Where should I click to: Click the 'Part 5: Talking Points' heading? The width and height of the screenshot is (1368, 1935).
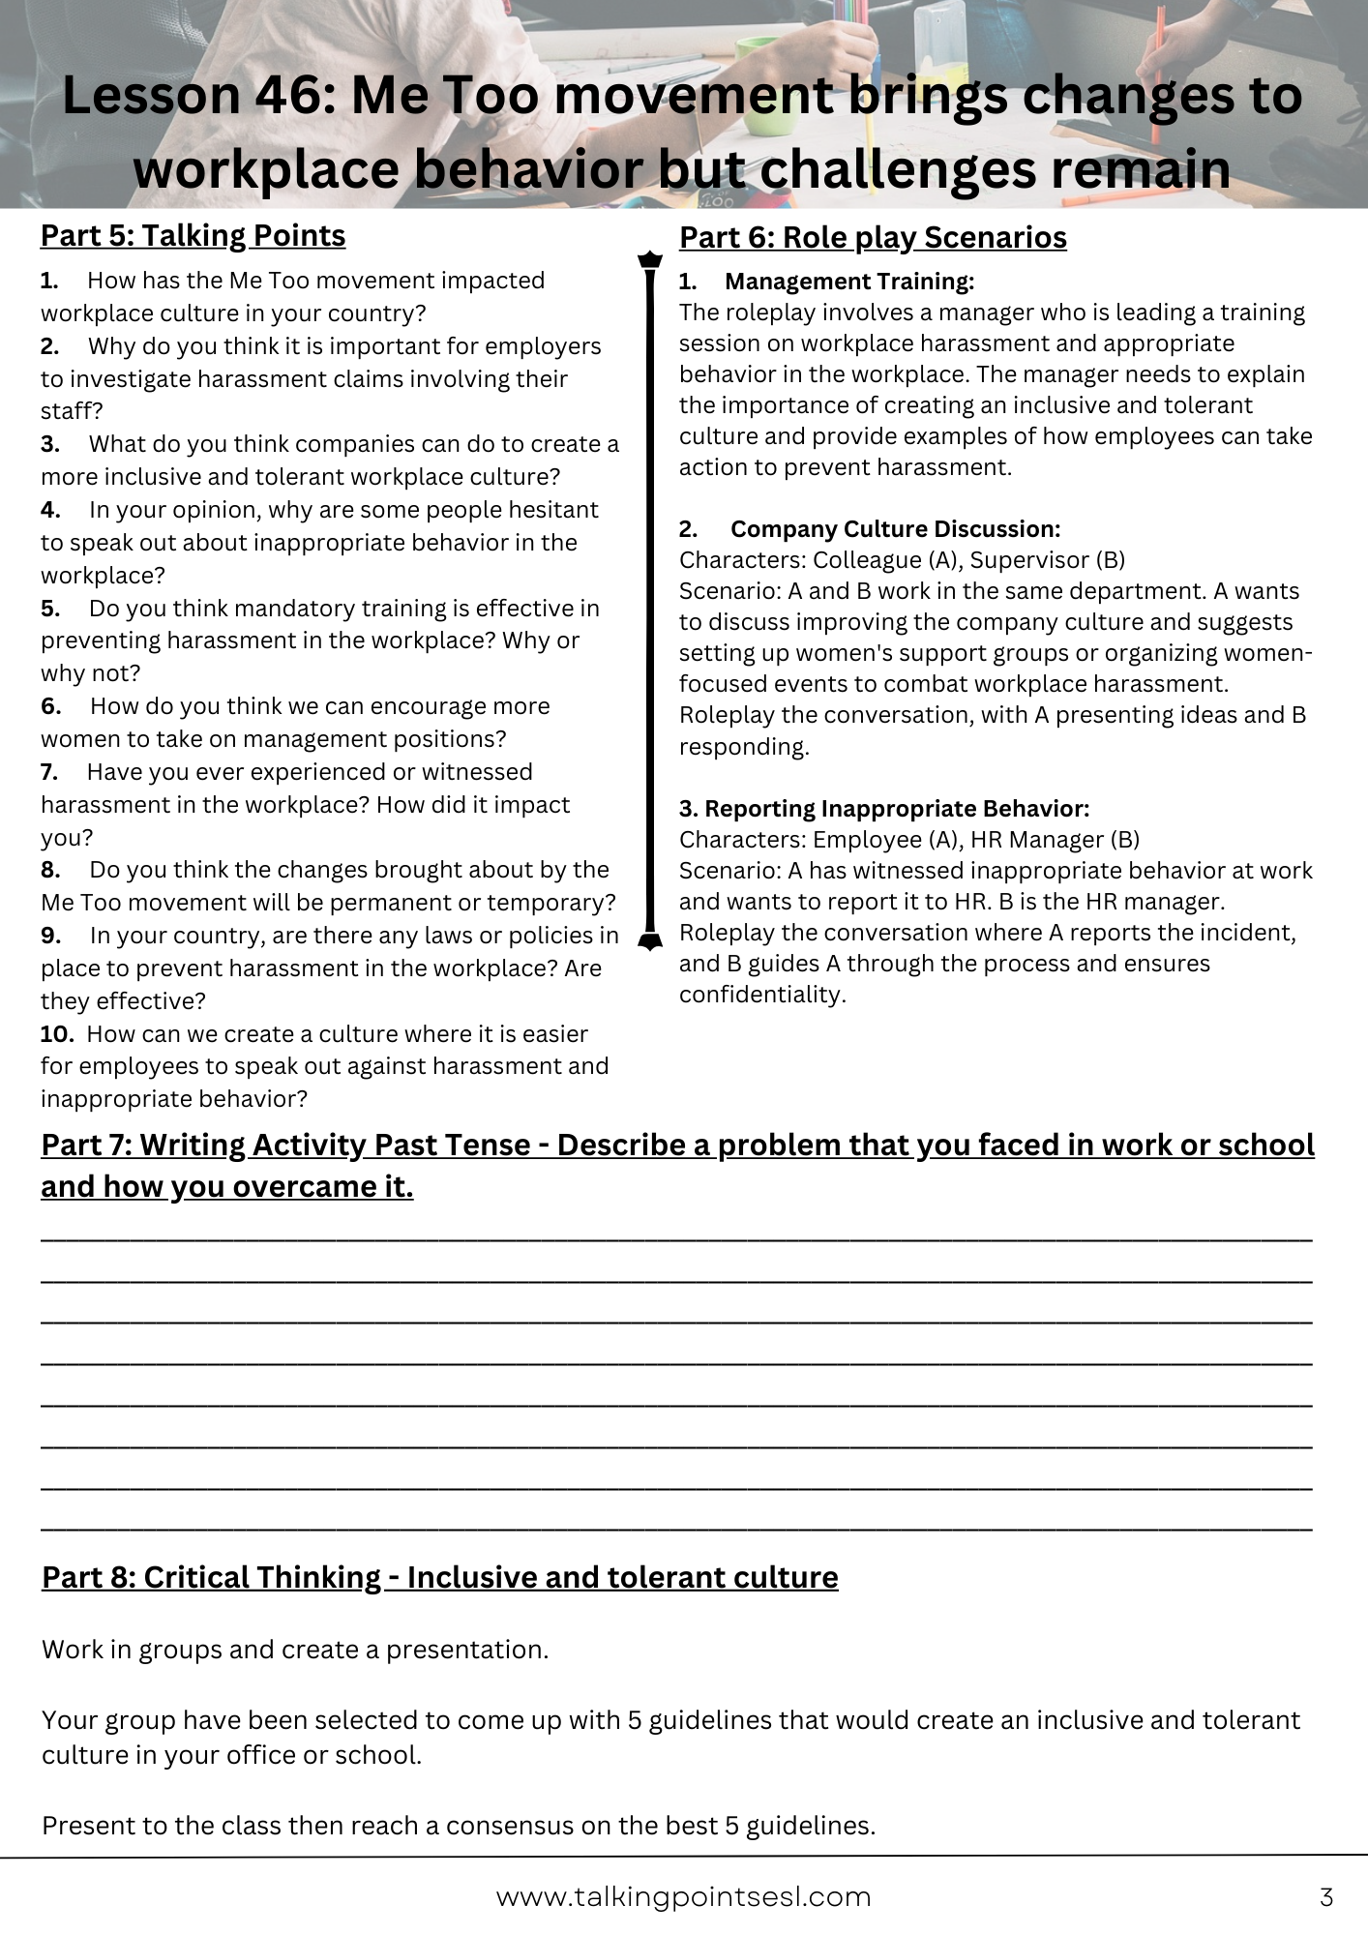(193, 235)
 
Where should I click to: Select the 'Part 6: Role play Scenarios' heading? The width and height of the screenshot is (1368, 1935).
(873, 237)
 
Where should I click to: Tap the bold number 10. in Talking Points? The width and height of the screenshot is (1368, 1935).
(57, 1033)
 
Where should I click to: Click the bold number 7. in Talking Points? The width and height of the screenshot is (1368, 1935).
(49, 771)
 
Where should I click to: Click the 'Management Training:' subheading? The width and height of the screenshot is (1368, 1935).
(848, 281)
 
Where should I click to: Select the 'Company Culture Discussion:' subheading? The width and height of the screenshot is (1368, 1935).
(895, 528)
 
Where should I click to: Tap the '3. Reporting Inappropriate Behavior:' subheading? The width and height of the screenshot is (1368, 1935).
(884, 808)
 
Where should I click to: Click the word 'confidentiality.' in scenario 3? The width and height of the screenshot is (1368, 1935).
(762, 994)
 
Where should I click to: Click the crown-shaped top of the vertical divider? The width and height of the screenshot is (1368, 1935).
(650, 259)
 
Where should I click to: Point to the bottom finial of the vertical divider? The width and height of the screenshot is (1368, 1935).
(650, 940)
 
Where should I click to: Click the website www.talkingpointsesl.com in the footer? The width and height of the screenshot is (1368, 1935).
(683, 1896)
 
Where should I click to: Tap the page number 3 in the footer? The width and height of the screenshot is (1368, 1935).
(1326, 1896)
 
